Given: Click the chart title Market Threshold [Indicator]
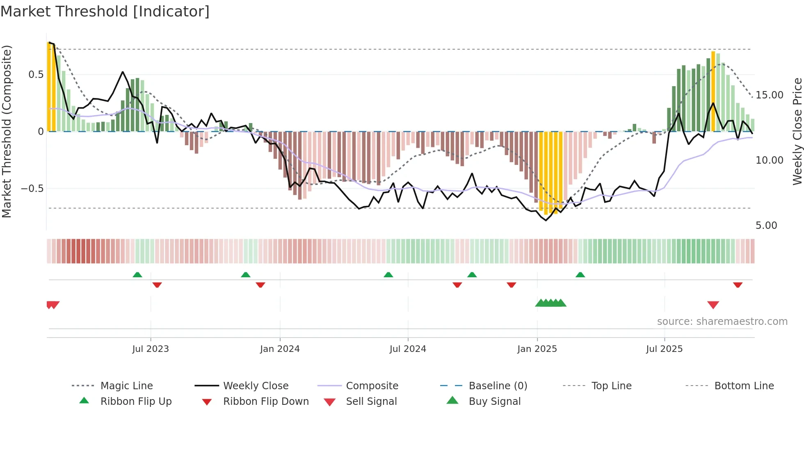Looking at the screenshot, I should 105,11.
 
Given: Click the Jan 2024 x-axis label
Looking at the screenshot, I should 280,349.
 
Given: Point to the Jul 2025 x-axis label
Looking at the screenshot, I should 664,349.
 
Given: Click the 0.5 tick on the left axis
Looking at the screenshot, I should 36,74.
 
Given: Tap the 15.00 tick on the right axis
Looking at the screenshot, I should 769,95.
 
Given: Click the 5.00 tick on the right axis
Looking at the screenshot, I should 766,225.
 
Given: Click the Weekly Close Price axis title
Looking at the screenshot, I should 797,131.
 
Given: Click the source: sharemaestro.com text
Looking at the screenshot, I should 722,321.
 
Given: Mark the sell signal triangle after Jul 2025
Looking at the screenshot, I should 713,305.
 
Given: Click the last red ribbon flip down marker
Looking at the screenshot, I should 738,285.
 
